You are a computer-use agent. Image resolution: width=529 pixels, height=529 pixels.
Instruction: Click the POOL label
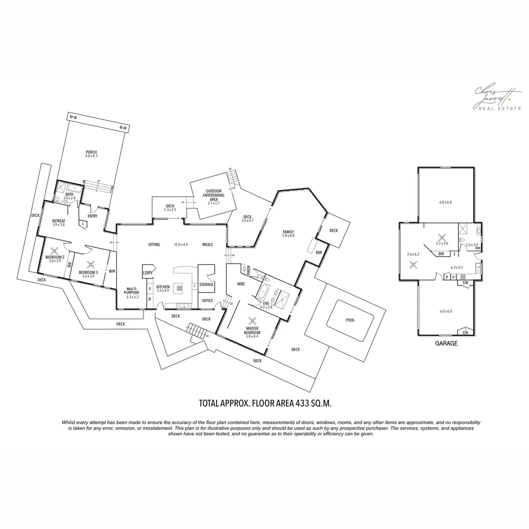(x=350, y=320)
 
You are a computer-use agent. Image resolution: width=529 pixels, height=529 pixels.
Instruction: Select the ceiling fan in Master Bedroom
(x=252, y=321)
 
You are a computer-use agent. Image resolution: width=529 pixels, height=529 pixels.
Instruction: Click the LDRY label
(x=147, y=273)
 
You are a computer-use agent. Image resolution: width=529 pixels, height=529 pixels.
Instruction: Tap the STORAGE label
(x=206, y=284)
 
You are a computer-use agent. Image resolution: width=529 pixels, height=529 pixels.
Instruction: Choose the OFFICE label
(x=207, y=301)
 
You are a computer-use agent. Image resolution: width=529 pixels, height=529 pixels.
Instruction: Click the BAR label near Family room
(x=319, y=253)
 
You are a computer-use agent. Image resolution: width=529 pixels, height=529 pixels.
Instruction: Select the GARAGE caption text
(x=446, y=343)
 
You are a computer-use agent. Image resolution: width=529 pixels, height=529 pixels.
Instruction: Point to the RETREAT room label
(x=58, y=221)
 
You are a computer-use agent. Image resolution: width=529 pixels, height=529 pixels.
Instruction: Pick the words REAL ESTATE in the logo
(x=500, y=108)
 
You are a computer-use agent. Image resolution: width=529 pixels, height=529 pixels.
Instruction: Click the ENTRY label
(x=92, y=216)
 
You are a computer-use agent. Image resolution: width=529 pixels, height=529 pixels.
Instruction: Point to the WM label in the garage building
(x=477, y=248)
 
